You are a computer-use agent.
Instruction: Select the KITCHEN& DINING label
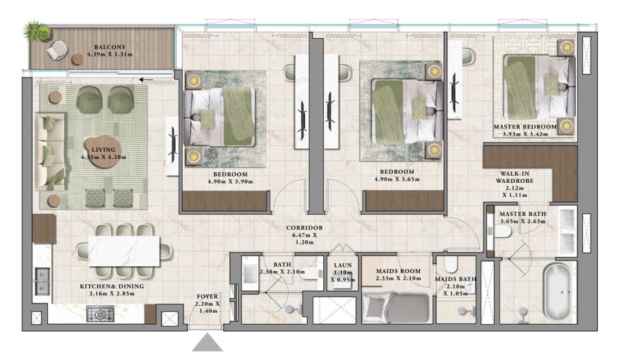coord(111,286)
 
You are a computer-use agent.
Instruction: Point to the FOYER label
coord(207,296)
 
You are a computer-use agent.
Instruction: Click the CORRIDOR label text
coord(305,228)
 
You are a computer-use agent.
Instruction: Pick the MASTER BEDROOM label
coord(525,127)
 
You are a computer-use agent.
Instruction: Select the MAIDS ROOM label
coord(397,271)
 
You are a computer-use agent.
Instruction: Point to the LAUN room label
coord(343,266)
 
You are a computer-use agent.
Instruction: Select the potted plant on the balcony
coord(36,32)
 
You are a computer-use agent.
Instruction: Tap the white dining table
coord(124,250)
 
